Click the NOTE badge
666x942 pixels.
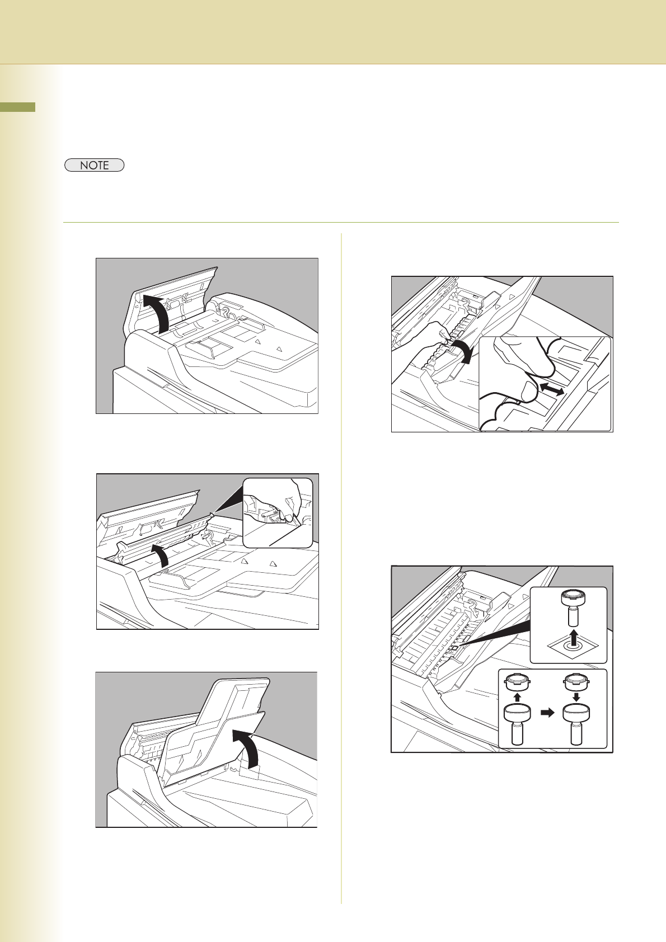pos(94,165)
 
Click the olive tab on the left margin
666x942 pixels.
pos(18,107)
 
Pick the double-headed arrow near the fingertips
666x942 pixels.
pos(552,389)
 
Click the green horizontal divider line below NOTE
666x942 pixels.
pos(341,222)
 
